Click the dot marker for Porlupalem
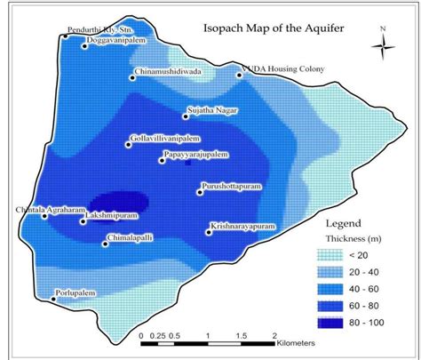[54, 300]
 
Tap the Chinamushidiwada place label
[169, 70]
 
